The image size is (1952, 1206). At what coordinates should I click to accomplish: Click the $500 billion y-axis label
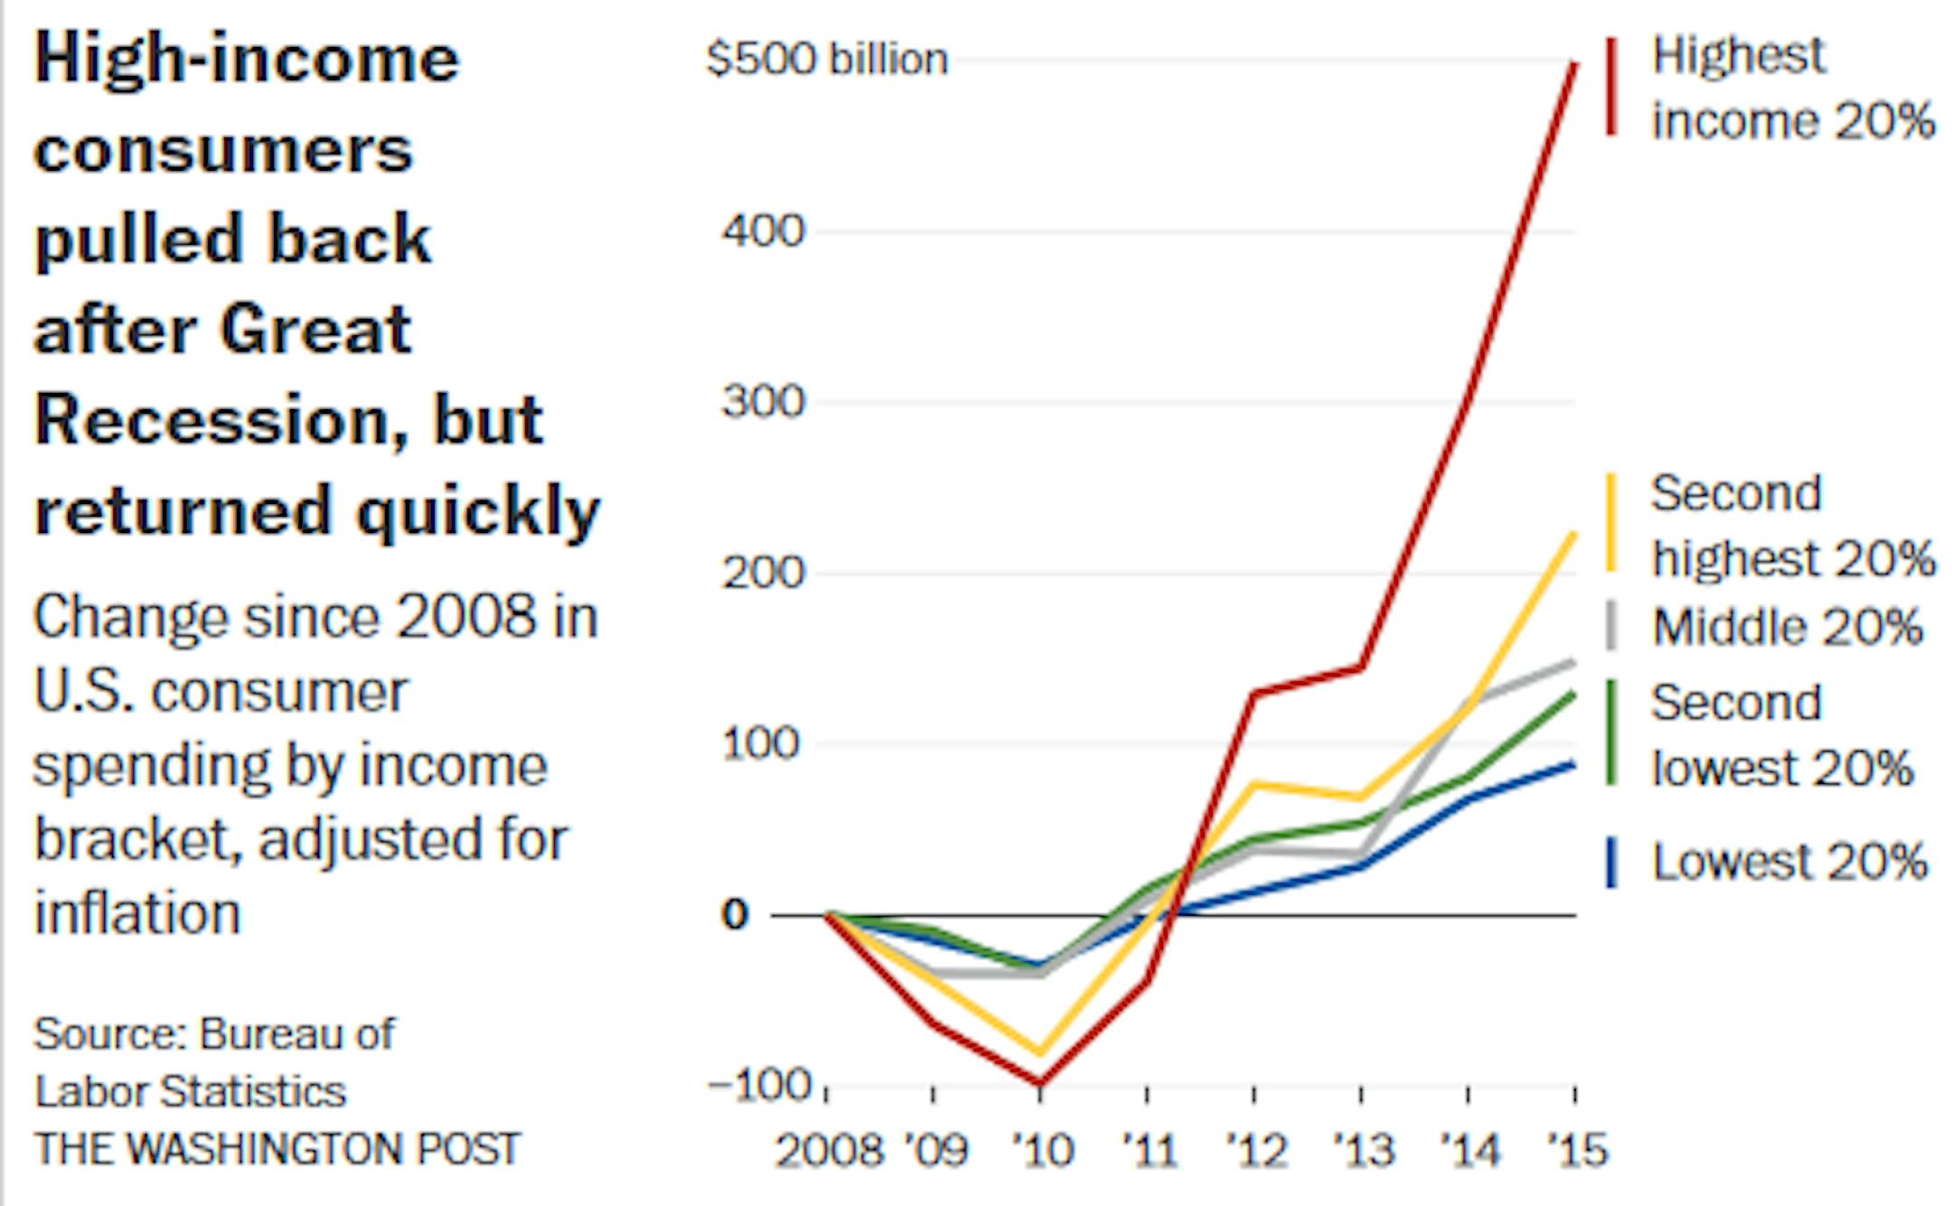[826, 60]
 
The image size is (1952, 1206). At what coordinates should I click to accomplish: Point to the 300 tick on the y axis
[763, 401]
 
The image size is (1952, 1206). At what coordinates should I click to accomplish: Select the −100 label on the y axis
[761, 1085]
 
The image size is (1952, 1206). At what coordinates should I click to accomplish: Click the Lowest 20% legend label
[1789, 862]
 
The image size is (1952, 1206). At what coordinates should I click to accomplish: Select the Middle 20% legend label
[1787, 627]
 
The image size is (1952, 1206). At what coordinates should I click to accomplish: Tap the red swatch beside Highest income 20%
[1610, 87]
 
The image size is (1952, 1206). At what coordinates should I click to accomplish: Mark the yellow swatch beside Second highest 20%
[1610, 524]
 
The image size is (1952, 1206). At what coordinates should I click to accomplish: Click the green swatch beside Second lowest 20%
[1610, 733]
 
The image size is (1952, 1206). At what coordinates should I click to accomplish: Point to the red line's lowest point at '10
[1040, 1082]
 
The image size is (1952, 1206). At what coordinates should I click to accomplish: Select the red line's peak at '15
[1575, 63]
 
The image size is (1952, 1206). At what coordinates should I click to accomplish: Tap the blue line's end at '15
[1573, 765]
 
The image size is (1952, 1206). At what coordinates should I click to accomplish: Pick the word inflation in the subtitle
[137, 912]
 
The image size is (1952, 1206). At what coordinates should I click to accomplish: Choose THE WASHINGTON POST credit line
[277, 1149]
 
